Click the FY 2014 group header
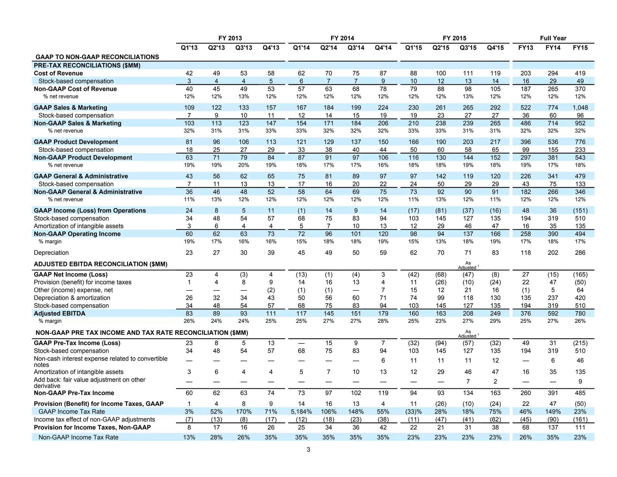pyautogui.click(x=342, y=38)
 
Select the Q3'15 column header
pyautogui.click(x=468, y=48)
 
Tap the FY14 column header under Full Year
pyautogui.click(x=553, y=48)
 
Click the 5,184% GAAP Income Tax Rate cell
pyautogui.click(x=301, y=412)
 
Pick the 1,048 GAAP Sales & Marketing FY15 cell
pyautogui.click(x=580, y=108)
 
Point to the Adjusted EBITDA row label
pyautogui.click(x=60, y=313)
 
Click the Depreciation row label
pyautogui.click(x=51, y=253)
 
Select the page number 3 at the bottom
pyautogui.click(x=308, y=450)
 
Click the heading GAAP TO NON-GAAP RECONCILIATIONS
pyautogui.click(x=97, y=57)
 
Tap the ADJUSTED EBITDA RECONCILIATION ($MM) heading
pyautogui.click(x=101, y=264)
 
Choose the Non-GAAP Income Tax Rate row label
pyautogui.click(x=78, y=437)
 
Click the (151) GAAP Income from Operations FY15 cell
pyautogui.click(x=580, y=210)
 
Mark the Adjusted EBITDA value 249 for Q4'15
pyautogui.click(x=495, y=313)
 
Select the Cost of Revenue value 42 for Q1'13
pyautogui.click(x=189, y=73)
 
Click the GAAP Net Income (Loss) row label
pyautogui.click(x=70, y=274)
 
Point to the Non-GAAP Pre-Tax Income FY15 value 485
pyautogui.click(x=580, y=393)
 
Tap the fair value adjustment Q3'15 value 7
pyautogui.click(x=468, y=381)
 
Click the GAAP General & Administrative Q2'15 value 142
pyautogui.click(x=441, y=176)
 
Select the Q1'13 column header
pyautogui.click(x=189, y=48)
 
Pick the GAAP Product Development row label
pyautogui.click(x=76, y=142)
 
